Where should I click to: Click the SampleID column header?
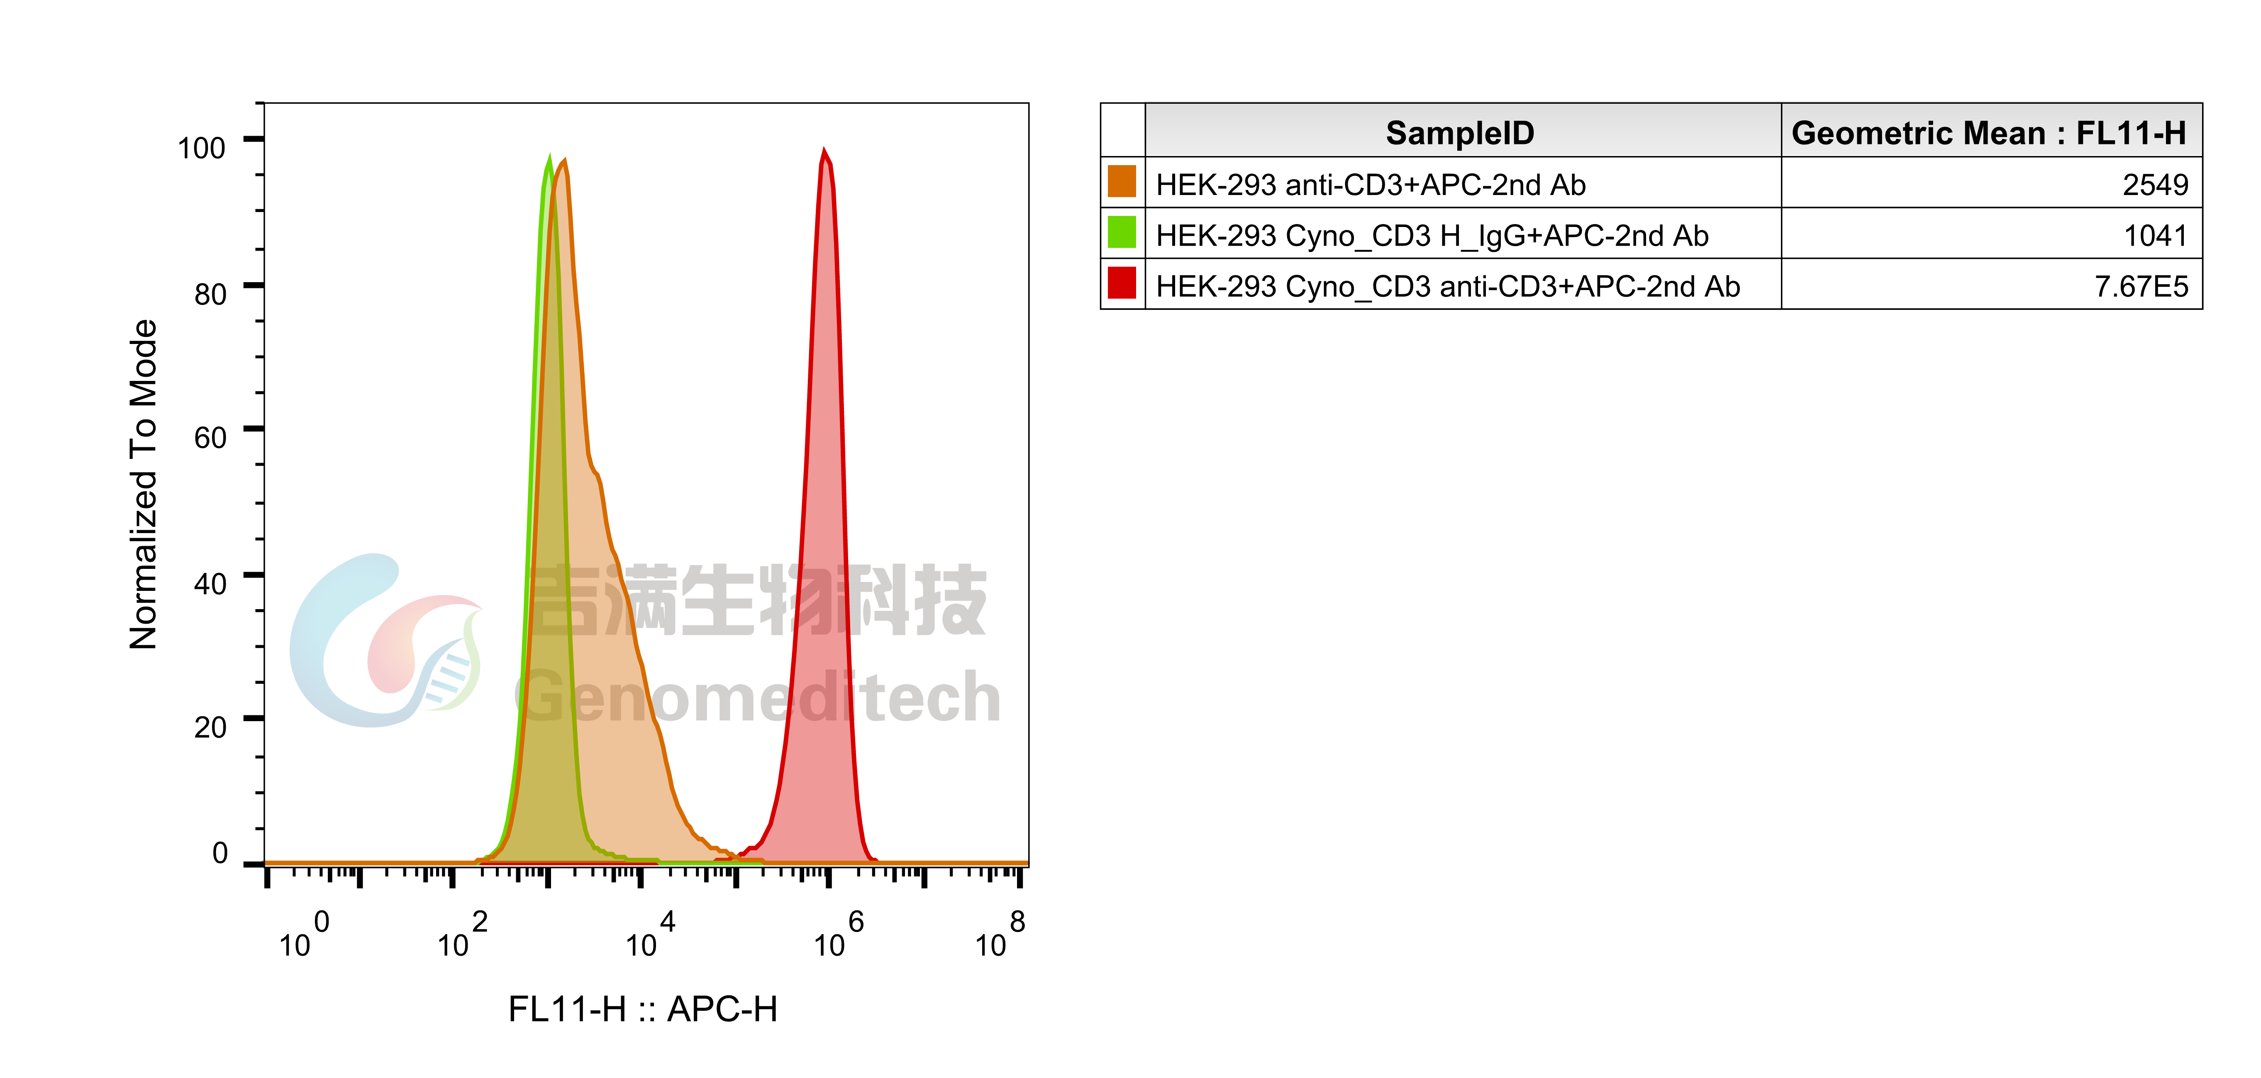click(x=1460, y=132)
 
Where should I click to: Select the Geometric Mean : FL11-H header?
click(x=1988, y=132)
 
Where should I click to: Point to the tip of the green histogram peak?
click(x=549, y=155)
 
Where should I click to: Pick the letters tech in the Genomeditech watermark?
click(x=930, y=698)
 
